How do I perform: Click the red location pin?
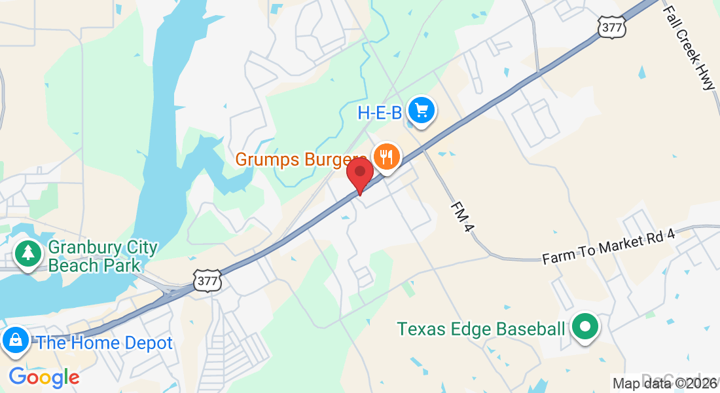click(359, 174)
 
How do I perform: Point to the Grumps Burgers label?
click(300, 160)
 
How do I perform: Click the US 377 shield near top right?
click(611, 27)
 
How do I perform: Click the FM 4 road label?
click(461, 216)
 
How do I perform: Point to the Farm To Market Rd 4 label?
click(617, 246)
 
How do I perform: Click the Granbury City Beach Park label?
click(103, 257)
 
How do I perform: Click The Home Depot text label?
click(105, 343)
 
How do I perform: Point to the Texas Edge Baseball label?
click(480, 329)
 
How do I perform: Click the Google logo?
click(44, 377)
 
